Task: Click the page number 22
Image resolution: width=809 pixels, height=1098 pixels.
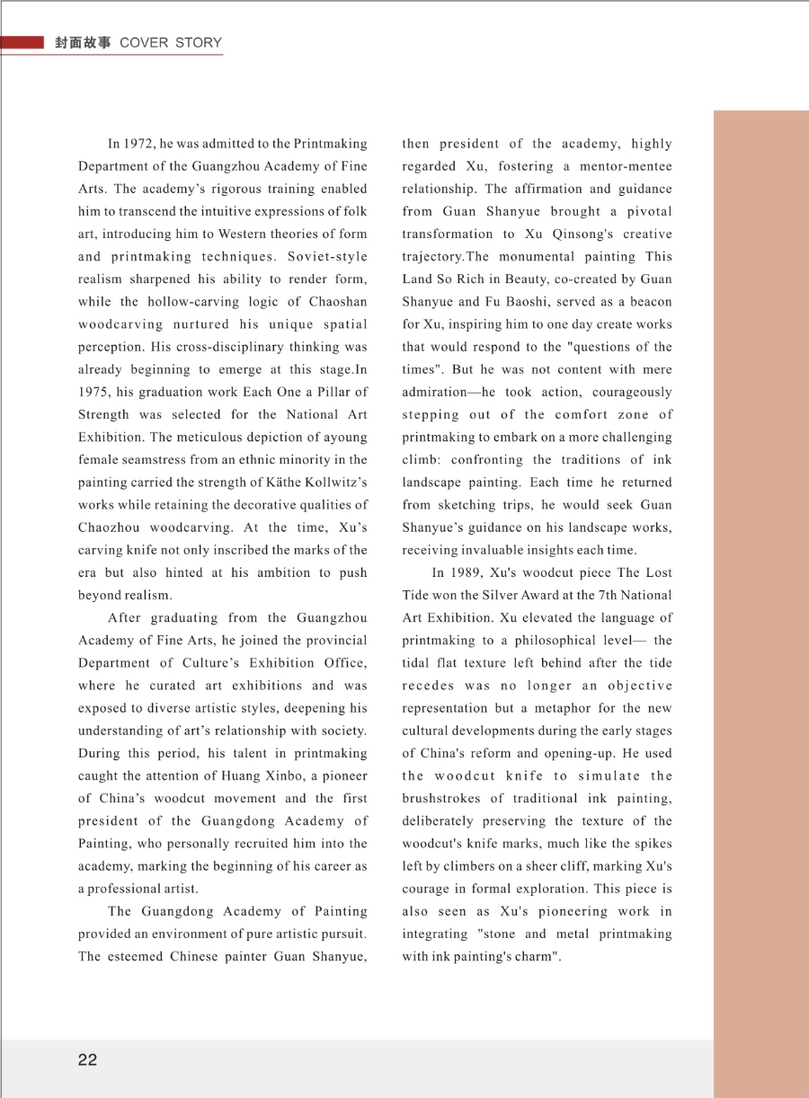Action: click(87, 1060)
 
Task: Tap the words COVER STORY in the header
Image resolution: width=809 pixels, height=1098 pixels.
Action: click(171, 42)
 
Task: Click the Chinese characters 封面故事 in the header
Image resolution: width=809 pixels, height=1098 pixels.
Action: click(83, 42)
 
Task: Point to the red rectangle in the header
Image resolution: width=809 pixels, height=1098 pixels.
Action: click(22, 42)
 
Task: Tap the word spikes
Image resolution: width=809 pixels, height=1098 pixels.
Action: click(651, 844)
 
